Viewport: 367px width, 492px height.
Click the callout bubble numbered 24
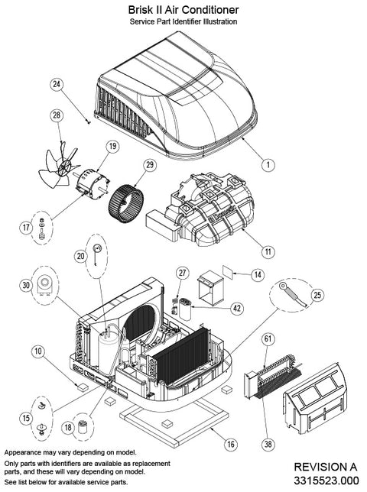point(57,84)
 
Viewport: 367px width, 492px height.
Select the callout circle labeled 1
point(268,165)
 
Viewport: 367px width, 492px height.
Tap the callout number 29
point(150,165)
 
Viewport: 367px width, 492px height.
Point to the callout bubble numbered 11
point(268,251)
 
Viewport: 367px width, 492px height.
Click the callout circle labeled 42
point(237,308)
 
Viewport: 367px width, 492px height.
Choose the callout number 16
point(231,444)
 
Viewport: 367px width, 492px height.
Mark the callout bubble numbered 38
point(268,444)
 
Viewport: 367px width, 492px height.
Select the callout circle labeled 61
point(268,338)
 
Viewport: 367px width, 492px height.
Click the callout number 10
point(38,351)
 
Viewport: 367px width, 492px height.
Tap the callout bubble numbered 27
point(183,273)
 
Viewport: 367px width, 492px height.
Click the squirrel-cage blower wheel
point(126,204)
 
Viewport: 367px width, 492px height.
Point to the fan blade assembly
point(58,165)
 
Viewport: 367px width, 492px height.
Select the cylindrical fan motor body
point(92,183)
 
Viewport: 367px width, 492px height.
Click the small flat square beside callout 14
point(229,271)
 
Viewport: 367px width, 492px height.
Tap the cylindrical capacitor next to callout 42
point(184,309)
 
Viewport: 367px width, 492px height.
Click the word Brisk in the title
point(140,10)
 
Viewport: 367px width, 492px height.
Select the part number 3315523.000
point(326,481)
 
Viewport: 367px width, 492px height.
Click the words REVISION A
point(326,467)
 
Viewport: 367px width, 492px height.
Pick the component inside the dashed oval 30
point(44,285)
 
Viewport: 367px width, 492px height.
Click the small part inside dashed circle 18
point(83,426)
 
